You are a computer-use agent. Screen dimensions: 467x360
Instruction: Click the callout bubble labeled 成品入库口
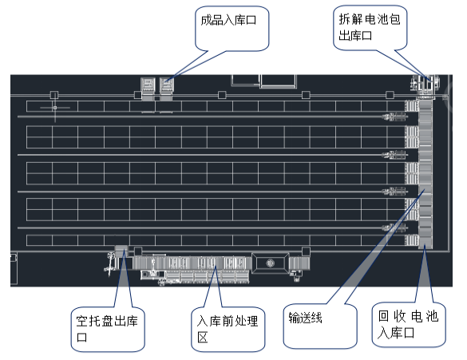point(232,29)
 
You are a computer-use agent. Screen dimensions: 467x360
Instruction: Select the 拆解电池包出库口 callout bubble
point(370,28)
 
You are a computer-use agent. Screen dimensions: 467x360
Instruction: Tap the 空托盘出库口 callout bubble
point(108,329)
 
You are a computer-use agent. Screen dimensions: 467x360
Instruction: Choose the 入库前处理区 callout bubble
point(228,329)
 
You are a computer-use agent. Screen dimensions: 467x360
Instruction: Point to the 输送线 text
point(305,318)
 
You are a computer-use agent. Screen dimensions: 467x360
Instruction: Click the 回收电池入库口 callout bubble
point(409,325)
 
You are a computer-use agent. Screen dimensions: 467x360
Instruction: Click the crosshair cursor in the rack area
point(55,108)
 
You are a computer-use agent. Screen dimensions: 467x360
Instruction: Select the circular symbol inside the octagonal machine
point(270,263)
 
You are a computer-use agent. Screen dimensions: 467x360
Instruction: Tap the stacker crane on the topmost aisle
point(394,117)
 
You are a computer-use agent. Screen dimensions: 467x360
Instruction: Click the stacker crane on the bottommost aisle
point(394,228)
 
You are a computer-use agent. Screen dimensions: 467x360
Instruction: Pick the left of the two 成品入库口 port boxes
point(148,85)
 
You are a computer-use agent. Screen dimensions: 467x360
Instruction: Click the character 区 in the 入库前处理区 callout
point(203,338)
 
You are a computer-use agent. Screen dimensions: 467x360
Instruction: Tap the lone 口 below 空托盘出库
point(82,338)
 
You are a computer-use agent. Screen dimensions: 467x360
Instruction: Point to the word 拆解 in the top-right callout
point(350,20)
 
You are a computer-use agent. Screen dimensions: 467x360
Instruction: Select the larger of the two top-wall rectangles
point(278,81)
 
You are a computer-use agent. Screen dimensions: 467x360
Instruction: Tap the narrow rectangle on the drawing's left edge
point(14,268)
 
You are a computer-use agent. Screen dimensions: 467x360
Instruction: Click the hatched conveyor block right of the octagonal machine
point(299,263)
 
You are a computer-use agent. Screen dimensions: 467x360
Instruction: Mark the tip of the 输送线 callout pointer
point(424,191)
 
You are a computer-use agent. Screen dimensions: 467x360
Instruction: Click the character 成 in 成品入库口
point(206,20)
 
